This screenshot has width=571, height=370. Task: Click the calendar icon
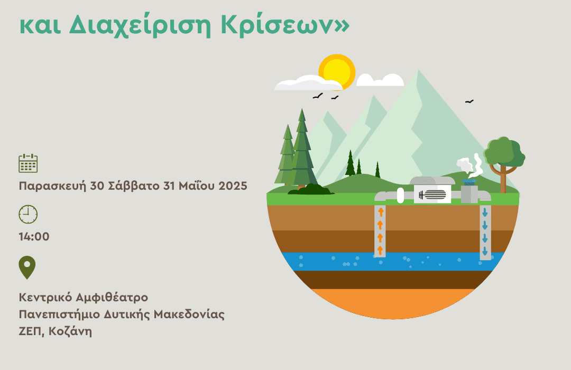tap(28, 163)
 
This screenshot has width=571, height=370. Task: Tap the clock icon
tap(28, 214)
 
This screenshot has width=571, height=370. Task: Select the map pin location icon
tap(27, 267)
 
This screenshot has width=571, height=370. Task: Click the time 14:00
tap(34, 237)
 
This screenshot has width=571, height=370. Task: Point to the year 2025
tap(233, 186)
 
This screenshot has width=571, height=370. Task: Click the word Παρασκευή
tap(52, 186)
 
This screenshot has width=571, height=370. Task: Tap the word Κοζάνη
tap(70, 332)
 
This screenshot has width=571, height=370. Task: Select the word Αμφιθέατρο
tap(112, 298)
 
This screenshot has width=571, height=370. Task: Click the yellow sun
tap(337, 72)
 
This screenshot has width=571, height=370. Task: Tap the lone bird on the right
tap(469, 101)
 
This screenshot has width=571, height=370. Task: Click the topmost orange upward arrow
tap(381, 211)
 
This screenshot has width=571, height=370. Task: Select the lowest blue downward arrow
tap(485, 251)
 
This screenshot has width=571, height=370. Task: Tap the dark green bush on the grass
tap(311, 189)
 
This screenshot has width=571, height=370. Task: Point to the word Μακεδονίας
tap(189, 314)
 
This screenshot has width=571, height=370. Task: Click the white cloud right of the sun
tap(380, 80)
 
